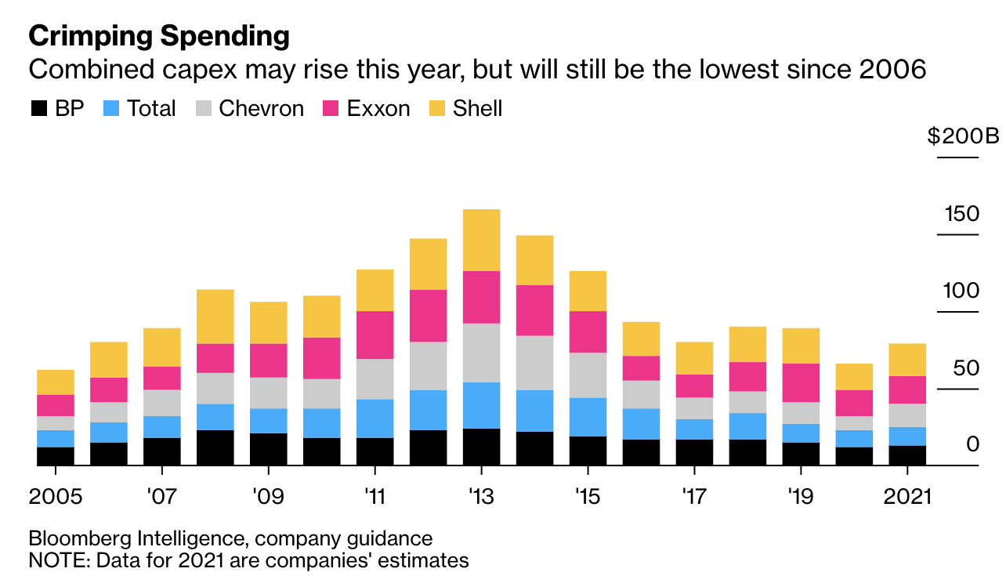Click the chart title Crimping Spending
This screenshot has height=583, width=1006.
tap(159, 36)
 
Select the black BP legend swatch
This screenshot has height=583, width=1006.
tap(39, 108)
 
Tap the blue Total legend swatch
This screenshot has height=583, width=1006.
tap(111, 108)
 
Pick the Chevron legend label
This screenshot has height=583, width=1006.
tap(262, 109)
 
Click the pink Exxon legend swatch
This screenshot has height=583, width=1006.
tap(331, 108)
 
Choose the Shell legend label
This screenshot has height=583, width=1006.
tap(477, 109)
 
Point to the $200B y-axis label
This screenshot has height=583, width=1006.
tap(964, 136)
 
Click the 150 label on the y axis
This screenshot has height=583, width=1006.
tap(962, 214)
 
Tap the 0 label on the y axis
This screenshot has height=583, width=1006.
tap(973, 444)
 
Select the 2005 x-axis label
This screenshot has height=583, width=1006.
tap(56, 497)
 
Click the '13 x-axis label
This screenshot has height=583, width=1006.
tap(481, 497)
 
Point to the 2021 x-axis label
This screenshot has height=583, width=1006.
tap(907, 497)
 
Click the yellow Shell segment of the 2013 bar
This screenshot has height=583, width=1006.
tap(481, 241)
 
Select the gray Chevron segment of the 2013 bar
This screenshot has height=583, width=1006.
tap(481, 353)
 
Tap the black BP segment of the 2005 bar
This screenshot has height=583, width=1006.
tap(56, 456)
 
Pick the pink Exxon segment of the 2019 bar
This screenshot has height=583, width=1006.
tap(801, 382)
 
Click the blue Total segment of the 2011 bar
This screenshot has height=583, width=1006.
tap(375, 418)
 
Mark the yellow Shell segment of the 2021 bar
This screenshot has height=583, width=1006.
tap(907, 360)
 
